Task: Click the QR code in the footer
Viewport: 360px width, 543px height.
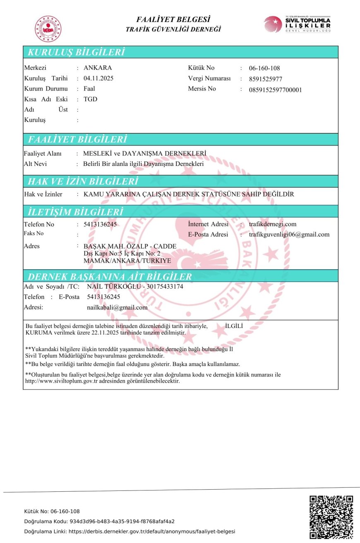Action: pos(331,517)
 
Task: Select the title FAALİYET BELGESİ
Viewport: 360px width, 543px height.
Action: pos(173,19)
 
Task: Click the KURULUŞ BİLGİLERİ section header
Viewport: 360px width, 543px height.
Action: pos(76,53)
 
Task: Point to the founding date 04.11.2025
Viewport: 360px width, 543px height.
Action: pos(98,78)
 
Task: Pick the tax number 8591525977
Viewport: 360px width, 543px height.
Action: pos(266,79)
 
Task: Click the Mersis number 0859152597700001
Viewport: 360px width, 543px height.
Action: pos(275,90)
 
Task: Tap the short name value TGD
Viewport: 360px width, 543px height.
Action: pos(90,99)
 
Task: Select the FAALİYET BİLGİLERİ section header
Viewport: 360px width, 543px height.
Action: pos(77,139)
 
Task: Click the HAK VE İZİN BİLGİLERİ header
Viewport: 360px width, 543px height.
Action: pos(82,182)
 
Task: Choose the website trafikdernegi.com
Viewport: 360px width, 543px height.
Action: pos(273,224)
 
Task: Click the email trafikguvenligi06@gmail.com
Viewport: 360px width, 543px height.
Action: pos(289,234)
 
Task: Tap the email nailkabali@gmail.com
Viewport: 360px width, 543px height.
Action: pos(117,307)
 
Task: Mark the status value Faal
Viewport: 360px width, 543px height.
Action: pos(89,89)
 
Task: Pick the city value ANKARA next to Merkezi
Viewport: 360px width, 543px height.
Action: pos(98,68)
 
